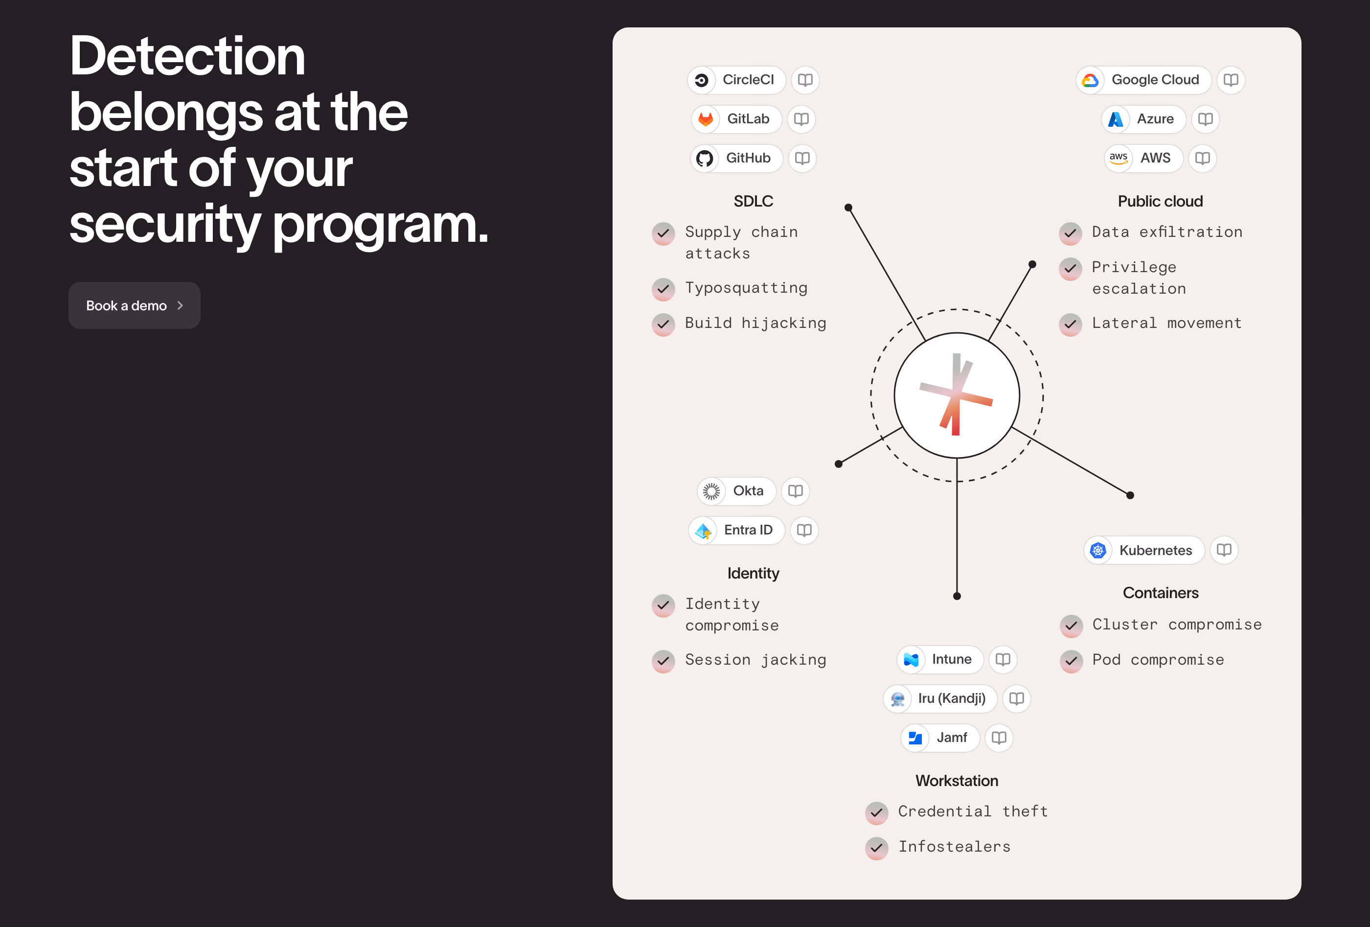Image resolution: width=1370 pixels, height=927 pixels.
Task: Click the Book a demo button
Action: (x=135, y=305)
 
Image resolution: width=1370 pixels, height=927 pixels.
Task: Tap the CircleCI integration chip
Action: (x=736, y=80)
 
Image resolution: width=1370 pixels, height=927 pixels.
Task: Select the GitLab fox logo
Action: (x=706, y=119)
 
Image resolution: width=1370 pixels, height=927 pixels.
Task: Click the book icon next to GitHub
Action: (x=802, y=158)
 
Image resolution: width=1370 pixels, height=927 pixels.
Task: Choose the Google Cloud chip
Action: (x=1143, y=80)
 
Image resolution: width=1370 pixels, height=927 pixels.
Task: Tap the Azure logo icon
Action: (x=1116, y=119)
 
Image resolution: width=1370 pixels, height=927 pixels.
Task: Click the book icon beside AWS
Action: (x=1203, y=158)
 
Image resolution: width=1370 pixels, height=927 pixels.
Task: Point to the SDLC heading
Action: (x=753, y=201)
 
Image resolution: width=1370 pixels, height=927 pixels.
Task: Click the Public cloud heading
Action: (x=1160, y=201)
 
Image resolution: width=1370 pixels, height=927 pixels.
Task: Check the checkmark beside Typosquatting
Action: (x=663, y=289)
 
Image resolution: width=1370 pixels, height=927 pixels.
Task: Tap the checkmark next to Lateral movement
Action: (x=1070, y=324)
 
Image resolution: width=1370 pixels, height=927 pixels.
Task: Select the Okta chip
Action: (x=736, y=490)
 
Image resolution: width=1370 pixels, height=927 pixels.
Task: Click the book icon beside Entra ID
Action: (x=804, y=530)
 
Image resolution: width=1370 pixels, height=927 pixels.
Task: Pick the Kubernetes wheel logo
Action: (x=1097, y=550)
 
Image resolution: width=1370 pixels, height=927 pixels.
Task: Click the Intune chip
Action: (x=939, y=659)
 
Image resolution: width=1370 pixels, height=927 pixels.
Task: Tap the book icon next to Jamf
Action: (x=999, y=738)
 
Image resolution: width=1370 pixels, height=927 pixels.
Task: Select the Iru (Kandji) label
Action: (x=952, y=698)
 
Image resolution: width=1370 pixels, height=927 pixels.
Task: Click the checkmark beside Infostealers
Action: (x=877, y=848)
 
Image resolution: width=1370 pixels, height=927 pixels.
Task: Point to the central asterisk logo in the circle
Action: (x=956, y=394)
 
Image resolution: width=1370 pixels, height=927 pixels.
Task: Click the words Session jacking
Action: (x=755, y=660)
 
